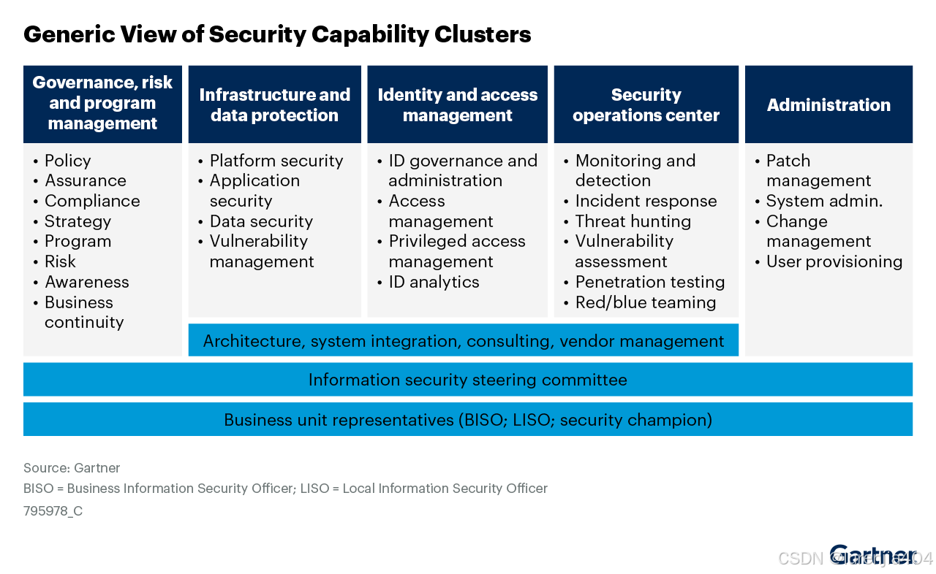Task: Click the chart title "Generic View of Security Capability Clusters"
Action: click(277, 34)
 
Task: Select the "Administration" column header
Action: click(829, 104)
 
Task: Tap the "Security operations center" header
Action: click(646, 104)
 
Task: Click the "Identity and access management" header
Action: click(457, 104)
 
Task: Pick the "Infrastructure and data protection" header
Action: click(274, 104)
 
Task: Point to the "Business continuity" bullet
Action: click(83, 312)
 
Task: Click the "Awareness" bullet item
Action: click(86, 282)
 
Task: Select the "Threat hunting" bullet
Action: click(633, 221)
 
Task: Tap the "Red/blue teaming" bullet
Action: click(645, 302)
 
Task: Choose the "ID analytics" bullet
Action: click(434, 282)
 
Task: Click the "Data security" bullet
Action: click(260, 221)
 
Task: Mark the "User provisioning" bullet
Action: click(834, 261)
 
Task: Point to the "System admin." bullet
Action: click(824, 201)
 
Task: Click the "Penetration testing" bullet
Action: click(649, 282)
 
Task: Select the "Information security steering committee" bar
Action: click(467, 380)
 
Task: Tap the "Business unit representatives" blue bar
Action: click(467, 420)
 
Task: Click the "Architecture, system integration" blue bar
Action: click(463, 340)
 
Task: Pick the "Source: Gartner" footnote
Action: click(72, 468)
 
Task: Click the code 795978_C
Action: click(53, 511)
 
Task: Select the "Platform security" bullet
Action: click(276, 161)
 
